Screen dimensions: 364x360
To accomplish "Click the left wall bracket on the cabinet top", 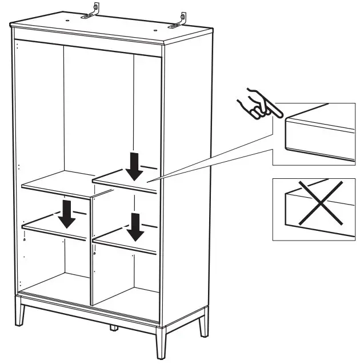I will pyautogui.click(x=93, y=11).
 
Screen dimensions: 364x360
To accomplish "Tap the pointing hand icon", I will pyautogui.click(x=257, y=105).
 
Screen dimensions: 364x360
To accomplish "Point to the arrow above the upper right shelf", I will pyautogui.click(x=135, y=165).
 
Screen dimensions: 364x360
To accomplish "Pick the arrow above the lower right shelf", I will pyautogui.click(x=135, y=226).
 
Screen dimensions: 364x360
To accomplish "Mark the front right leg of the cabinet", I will pyautogui.click(x=161, y=345).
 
